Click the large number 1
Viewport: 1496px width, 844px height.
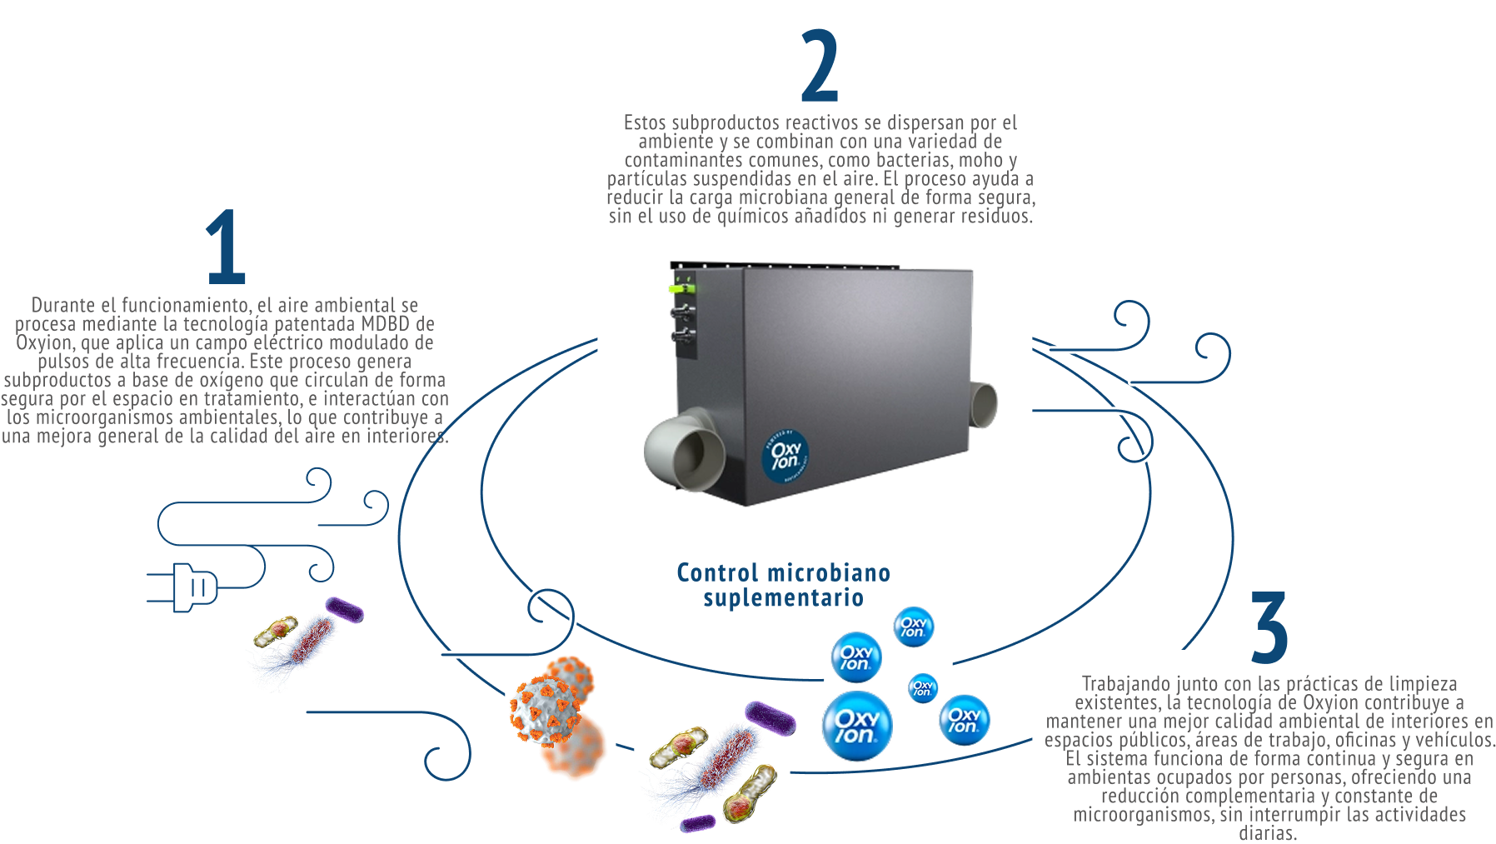point(226,247)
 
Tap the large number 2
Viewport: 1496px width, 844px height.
point(820,66)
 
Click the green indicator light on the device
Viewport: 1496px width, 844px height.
point(681,288)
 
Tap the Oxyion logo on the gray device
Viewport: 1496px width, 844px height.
point(785,455)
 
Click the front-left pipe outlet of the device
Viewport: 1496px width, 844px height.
point(686,450)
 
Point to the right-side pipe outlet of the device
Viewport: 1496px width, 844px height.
point(984,404)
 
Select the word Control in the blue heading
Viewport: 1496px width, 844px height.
point(717,573)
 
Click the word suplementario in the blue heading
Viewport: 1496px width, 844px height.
point(783,598)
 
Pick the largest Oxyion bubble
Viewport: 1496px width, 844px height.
point(856,726)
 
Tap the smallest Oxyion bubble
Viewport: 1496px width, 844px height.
point(922,688)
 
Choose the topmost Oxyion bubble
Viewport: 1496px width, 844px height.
point(913,627)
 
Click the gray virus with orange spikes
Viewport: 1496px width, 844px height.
point(549,701)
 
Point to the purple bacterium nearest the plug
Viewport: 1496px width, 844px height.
point(344,610)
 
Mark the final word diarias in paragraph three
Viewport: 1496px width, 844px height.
point(1267,833)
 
